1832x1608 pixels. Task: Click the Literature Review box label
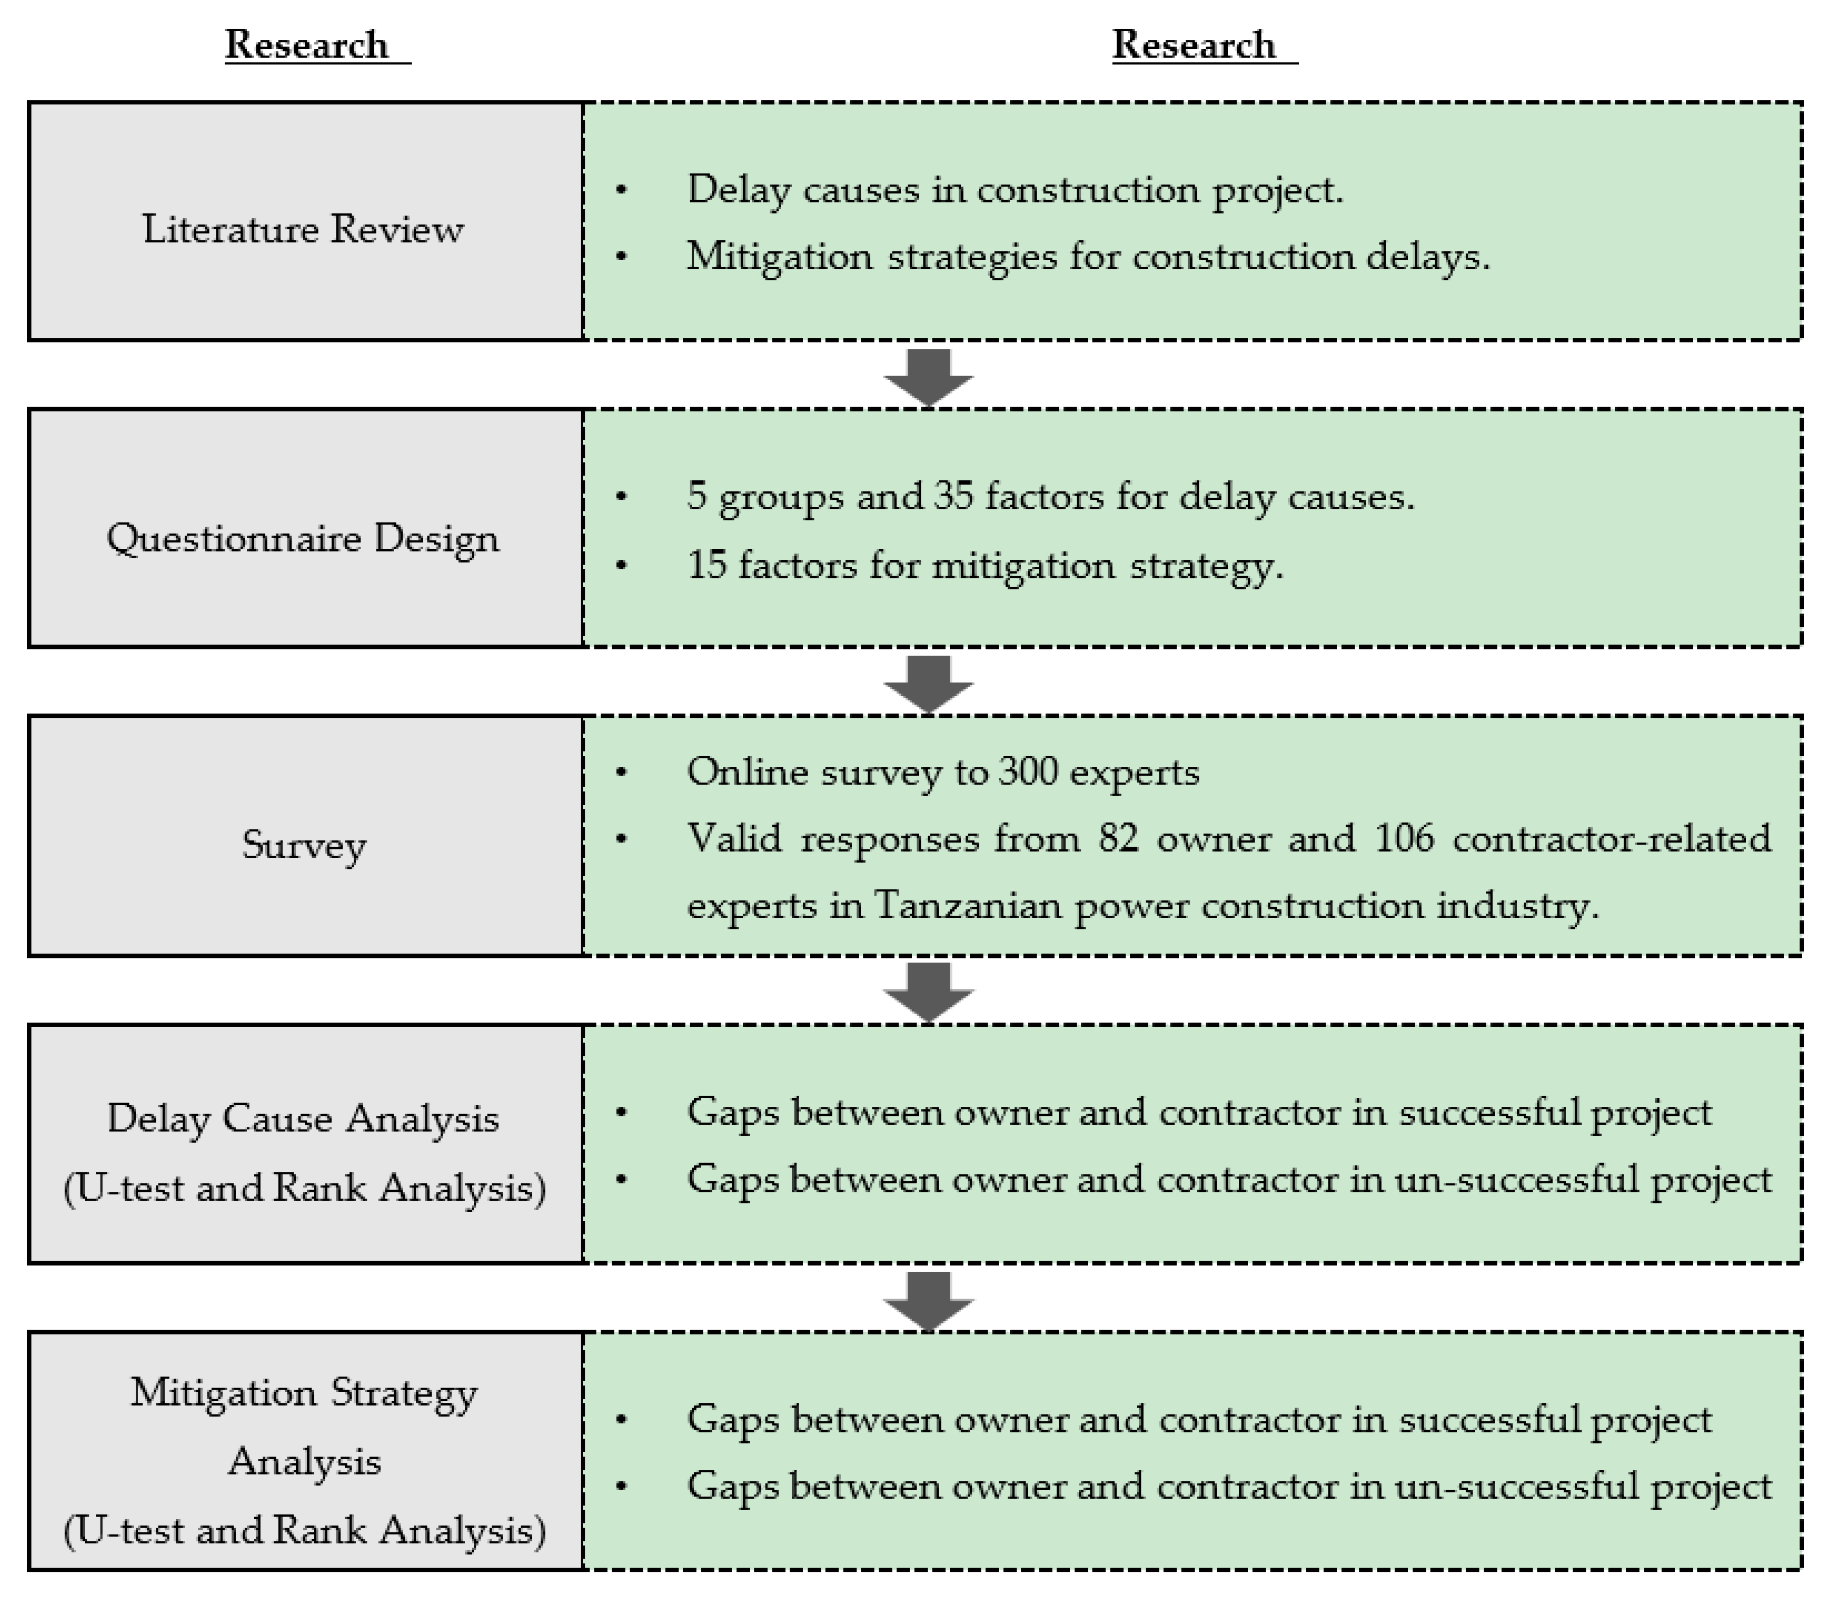pyautogui.click(x=303, y=229)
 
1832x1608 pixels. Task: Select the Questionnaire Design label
pyautogui.click(x=303, y=539)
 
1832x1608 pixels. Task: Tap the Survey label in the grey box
pyautogui.click(x=304, y=844)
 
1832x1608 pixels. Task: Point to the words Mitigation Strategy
pyautogui.click(x=304, y=1393)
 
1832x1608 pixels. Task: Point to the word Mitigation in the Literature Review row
pyautogui.click(x=779, y=257)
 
